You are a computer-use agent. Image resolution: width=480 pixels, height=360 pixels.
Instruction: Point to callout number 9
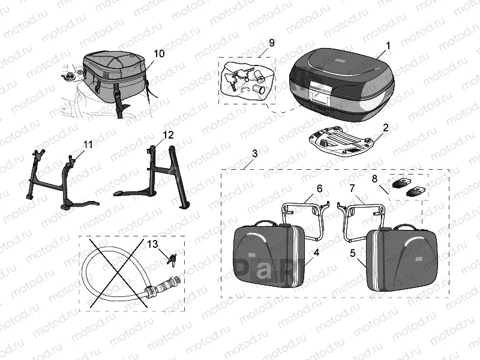pos(272,43)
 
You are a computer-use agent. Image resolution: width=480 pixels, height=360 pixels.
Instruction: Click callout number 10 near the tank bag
pos(158,53)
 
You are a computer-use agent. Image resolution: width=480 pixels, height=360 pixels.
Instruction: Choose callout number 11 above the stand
pos(88,145)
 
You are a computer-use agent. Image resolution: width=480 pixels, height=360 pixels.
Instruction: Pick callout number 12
pos(168,134)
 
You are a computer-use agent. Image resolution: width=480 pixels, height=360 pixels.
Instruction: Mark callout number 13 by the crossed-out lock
pos(153,244)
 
